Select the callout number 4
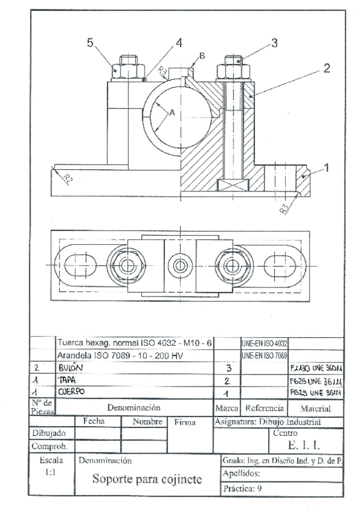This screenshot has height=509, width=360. [179, 43]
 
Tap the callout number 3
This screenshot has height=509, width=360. [274, 43]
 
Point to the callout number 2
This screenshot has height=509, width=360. [326, 68]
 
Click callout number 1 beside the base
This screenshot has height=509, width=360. [326, 169]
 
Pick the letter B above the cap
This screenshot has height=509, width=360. [202, 56]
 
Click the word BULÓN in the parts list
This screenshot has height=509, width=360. [71, 367]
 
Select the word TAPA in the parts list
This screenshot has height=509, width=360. [67, 380]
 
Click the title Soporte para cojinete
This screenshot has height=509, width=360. [147, 480]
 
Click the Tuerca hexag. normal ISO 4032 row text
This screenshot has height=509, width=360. [134, 343]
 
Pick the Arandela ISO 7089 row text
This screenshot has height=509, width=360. [121, 355]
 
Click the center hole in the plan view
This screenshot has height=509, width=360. [178, 265]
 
